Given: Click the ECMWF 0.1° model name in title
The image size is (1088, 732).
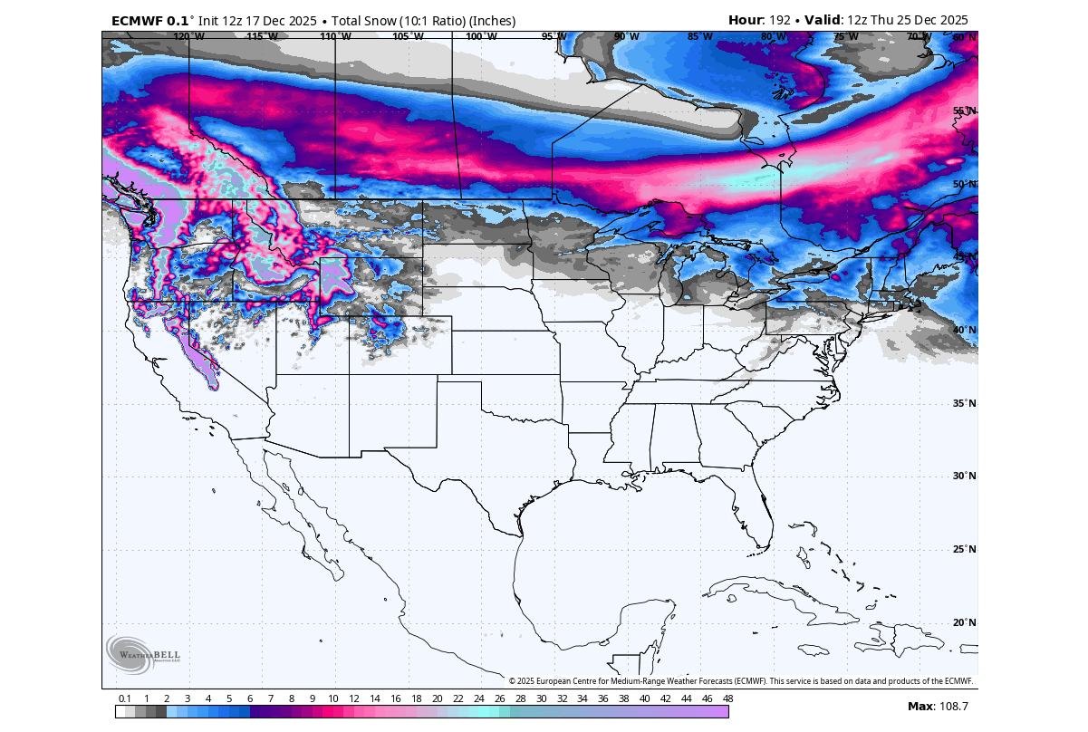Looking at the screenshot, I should [x=149, y=20].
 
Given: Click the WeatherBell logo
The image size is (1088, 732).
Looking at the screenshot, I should [x=131, y=653].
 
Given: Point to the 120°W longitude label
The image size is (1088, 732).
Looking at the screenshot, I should [x=188, y=37].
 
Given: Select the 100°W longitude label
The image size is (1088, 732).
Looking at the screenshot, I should [x=481, y=37].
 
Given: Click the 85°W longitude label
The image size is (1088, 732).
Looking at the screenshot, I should [x=699, y=37].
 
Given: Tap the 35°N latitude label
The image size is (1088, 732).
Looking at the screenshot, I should [x=964, y=403].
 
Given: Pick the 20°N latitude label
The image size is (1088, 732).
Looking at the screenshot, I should [x=964, y=622].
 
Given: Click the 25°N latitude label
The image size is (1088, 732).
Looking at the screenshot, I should [x=964, y=549].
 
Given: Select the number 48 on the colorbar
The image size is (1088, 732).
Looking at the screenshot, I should [x=727, y=698].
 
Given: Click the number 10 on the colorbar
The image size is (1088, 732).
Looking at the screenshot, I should [x=333, y=698].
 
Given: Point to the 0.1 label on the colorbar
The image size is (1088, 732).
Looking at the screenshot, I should [x=125, y=698].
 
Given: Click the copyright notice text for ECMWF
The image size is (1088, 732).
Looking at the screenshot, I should [x=740, y=680].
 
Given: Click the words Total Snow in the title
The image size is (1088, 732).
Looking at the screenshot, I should [x=371, y=20].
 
